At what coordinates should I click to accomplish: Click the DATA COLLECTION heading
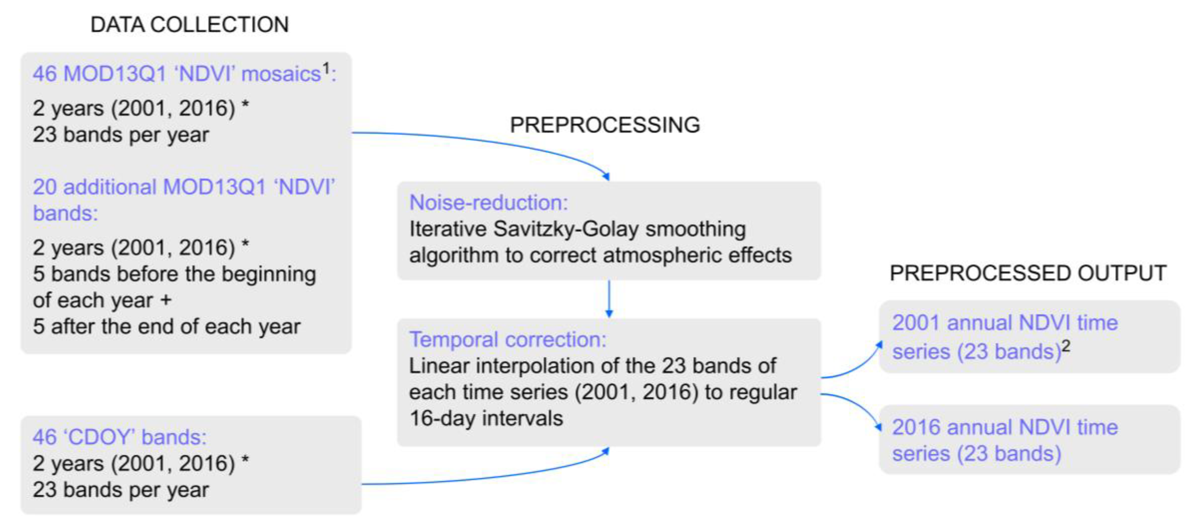[x=189, y=25]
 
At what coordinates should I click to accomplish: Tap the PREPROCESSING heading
[x=605, y=125]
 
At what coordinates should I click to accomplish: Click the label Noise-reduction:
[x=489, y=203]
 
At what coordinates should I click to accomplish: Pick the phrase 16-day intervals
[x=486, y=418]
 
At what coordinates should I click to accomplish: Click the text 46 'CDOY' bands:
[x=119, y=437]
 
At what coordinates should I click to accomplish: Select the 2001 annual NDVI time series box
[x=1029, y=337]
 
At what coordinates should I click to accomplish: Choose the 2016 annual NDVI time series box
[x=1029, y=440]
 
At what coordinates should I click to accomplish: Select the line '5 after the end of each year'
[x=166, y=326]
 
